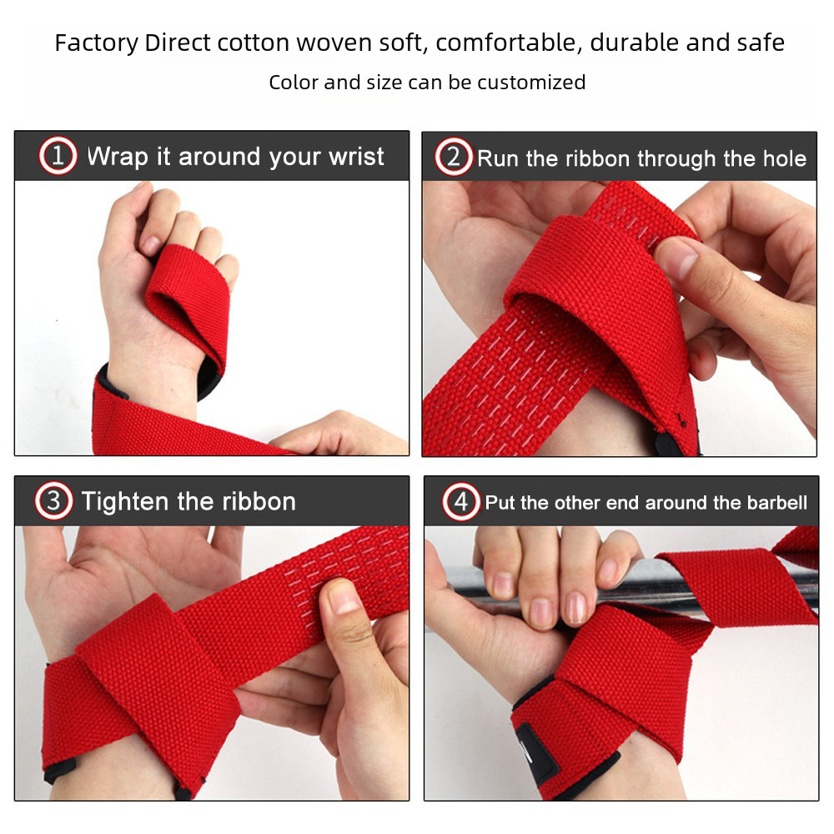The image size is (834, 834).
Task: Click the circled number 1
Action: pos(58,156)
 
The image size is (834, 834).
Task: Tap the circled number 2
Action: pos(453,157)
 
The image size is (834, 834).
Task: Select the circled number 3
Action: pos(53,501)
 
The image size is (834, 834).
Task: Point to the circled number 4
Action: pos(461,501)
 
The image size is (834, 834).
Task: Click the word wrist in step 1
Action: pos(356,157)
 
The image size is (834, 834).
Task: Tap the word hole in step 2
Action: pos(785,158)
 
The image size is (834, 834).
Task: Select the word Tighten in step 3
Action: pos(124,501)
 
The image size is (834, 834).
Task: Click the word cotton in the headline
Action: pos(253,43)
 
